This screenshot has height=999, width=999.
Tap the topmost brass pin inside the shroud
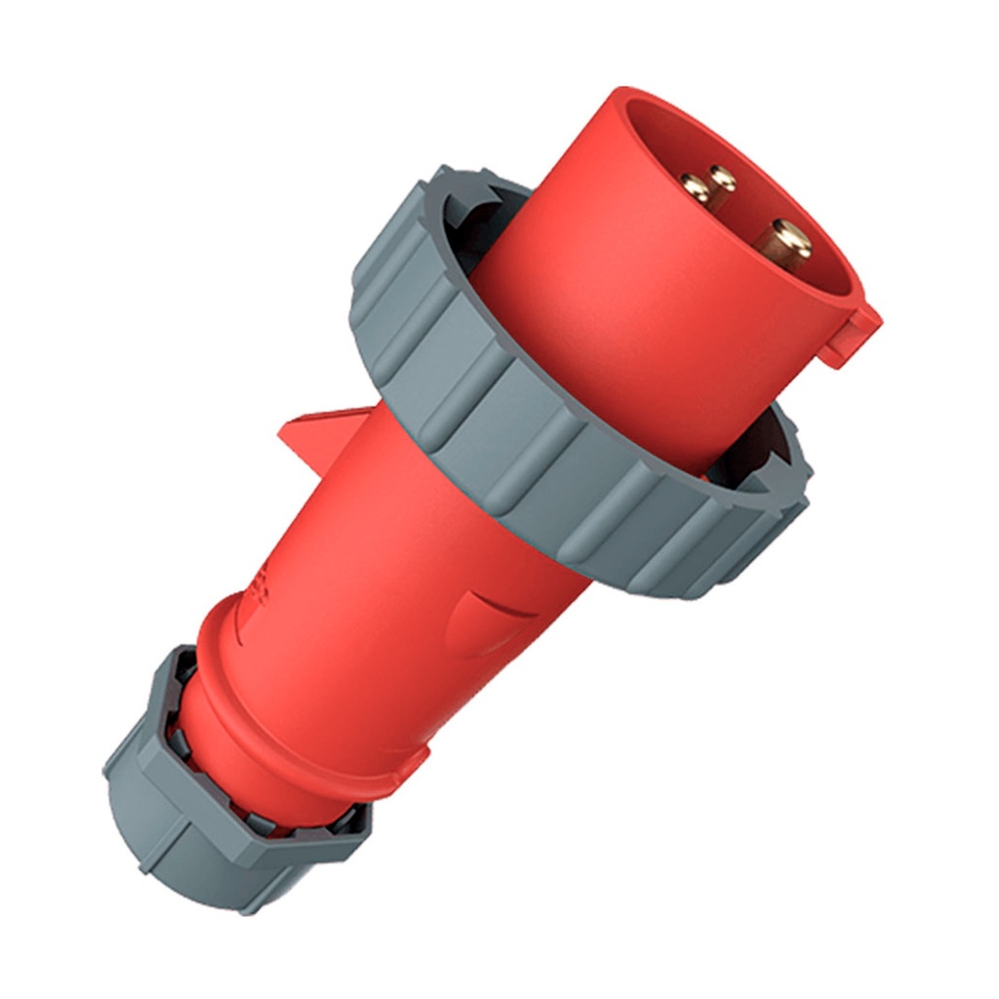(722, 178)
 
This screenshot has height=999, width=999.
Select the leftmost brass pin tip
(696, 186)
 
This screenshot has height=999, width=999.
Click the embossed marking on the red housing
(261, 585)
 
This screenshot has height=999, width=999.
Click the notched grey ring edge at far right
(795, 488)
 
